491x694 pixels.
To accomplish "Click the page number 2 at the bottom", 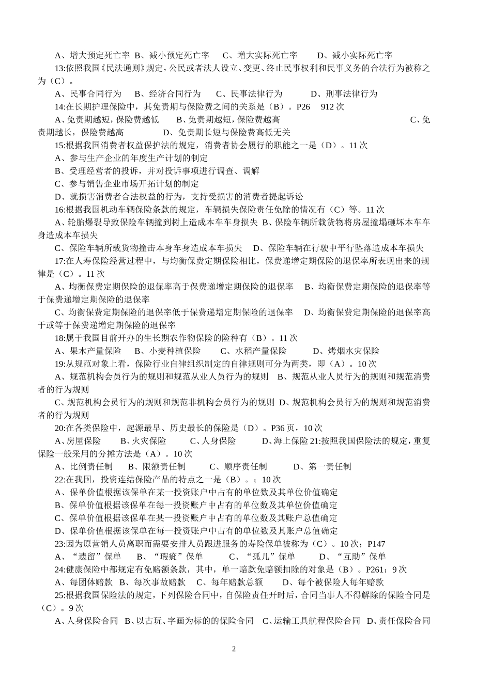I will [x=233, y=649].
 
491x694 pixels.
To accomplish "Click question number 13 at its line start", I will [x=59, y=68].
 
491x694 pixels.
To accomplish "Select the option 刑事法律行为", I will [x=351, y=94].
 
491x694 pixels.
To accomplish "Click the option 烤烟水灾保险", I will [x=354, y=351].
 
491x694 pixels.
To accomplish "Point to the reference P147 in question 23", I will [x=376, y=544].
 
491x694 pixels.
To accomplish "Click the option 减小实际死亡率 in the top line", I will [x=362, y=56].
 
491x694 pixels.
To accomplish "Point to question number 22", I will [x=59, y=480].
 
